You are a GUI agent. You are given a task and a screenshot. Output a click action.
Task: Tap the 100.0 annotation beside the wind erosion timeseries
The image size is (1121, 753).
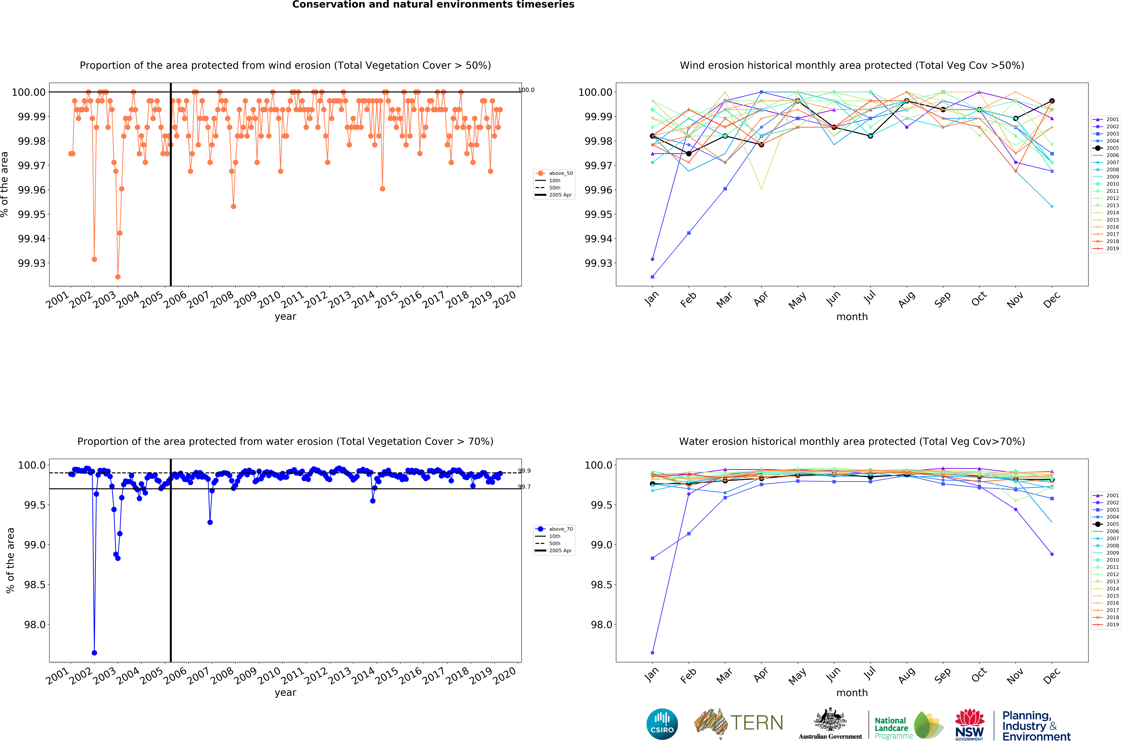tap(526, 90)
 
